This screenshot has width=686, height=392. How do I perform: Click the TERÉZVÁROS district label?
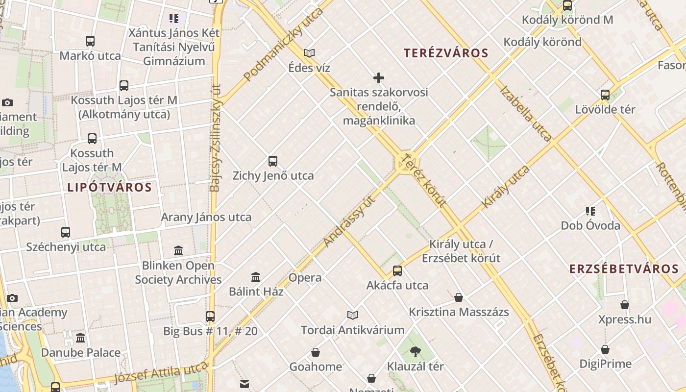pos(446,53)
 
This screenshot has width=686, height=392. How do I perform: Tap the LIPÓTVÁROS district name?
pos(110,187)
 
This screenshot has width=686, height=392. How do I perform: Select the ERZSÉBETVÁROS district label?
pos(624,269)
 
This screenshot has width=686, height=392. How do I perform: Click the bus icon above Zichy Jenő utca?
pos(273,161)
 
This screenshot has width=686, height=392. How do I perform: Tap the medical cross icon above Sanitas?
pos(379,77)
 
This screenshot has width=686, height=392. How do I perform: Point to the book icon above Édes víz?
pos(309,53)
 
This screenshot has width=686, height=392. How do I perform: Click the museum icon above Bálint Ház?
pos(256,277)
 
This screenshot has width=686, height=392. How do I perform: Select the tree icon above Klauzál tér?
pos(416,351)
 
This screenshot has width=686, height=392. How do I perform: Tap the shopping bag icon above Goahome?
pos(316,352)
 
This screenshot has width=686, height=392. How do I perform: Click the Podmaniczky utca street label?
pos(283,45)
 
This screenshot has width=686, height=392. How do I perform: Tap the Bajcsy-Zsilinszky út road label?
pos(215,137)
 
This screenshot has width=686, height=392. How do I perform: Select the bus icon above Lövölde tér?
pos(605,95)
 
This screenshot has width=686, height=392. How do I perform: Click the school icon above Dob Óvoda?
pos(590,211)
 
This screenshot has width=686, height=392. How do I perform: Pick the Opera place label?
pos(305,277)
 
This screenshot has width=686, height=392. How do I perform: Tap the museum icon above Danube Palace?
pos(80,338)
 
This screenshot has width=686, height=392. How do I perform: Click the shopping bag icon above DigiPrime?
pos(605,349)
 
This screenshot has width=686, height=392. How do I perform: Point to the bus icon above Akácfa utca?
pos(397,270)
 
